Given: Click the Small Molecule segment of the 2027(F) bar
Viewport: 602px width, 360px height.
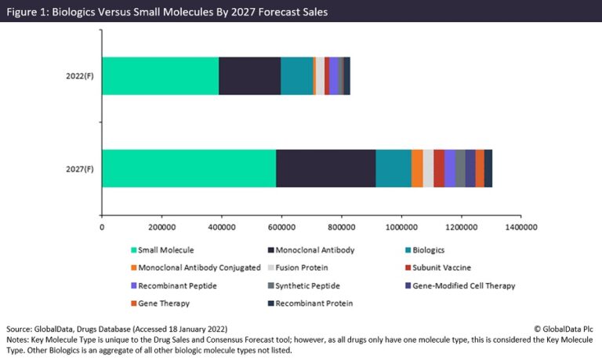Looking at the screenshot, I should (x=189, y=168).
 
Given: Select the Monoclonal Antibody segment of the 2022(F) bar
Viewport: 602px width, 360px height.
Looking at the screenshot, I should (x=249, y=76).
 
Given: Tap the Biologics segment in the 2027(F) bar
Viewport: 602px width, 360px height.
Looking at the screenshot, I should (x=393, y=168).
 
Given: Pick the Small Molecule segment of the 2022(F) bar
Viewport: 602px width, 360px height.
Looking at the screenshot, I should (x=160, y=76).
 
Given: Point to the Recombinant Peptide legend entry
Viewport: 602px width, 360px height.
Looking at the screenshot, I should (x=176, y=285).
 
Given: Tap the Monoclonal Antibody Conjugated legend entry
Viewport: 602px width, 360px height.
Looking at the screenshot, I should (x=198, y=267).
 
